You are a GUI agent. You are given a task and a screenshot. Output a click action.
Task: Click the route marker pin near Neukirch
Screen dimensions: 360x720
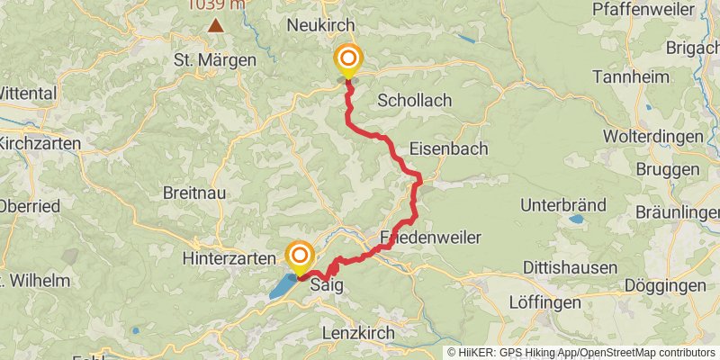click(347, 60)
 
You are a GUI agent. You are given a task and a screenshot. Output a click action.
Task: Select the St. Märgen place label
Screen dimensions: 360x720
click(214, 60)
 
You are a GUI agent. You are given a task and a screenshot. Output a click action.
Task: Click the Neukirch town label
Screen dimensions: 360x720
click(320, 25)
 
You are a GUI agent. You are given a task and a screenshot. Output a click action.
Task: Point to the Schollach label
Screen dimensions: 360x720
click(415, 100)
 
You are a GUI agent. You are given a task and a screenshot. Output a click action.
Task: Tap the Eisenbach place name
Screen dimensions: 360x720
click(436, 148)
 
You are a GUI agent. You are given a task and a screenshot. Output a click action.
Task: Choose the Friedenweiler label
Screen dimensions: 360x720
click(430, 238)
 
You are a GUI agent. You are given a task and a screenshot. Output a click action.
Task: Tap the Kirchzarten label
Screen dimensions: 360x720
click(40, 143)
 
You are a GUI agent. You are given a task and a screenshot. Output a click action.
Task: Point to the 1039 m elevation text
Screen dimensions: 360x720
click(215, 5)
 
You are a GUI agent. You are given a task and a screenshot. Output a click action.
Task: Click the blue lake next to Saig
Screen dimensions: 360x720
click(283, 285)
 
